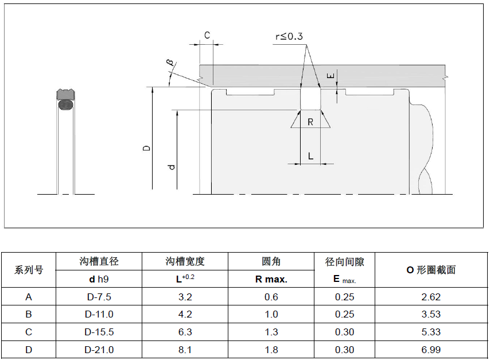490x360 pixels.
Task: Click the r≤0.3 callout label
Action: [x=289, y=37]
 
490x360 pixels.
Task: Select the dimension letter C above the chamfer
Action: [x=207, y=36]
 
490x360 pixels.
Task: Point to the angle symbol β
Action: [x=170, y=62]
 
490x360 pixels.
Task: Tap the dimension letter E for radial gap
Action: [x=329, y=76]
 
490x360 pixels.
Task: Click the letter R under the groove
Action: [x=310, y=122]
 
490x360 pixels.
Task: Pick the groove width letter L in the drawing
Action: [x=310, y=156]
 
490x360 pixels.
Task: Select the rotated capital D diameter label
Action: [x=147, y=148]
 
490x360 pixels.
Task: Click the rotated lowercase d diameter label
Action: [x=171, y=167]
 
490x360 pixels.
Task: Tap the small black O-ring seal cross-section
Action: [x=66, y=105]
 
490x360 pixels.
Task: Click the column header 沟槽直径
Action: [x=99, y=261]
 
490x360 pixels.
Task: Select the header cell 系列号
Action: [x=29, y=270]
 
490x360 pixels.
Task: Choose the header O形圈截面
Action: [x=431, y=270]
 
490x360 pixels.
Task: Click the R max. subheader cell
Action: [x=271, y=280]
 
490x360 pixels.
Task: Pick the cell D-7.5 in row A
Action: [x=99, y=297]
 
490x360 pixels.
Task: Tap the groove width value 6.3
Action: [x=185, y=332]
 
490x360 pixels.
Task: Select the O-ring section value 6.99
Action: [x=431, y=350]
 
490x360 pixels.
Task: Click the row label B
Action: [x=29, y=314]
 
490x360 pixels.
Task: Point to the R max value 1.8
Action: [x=271, y=350]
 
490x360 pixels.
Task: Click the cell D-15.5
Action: [x=99, y=332]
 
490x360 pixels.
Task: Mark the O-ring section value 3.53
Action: [x=431, y=314]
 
